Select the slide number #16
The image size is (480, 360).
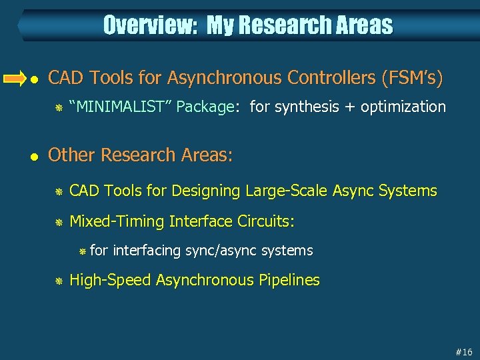(464, 351)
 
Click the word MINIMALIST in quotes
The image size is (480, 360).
(121, 107)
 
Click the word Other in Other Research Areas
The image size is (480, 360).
(69, 155)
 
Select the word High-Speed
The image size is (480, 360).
(110, 280)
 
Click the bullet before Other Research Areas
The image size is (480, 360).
(35, 156)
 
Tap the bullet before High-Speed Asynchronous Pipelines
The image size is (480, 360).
(58, 281)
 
